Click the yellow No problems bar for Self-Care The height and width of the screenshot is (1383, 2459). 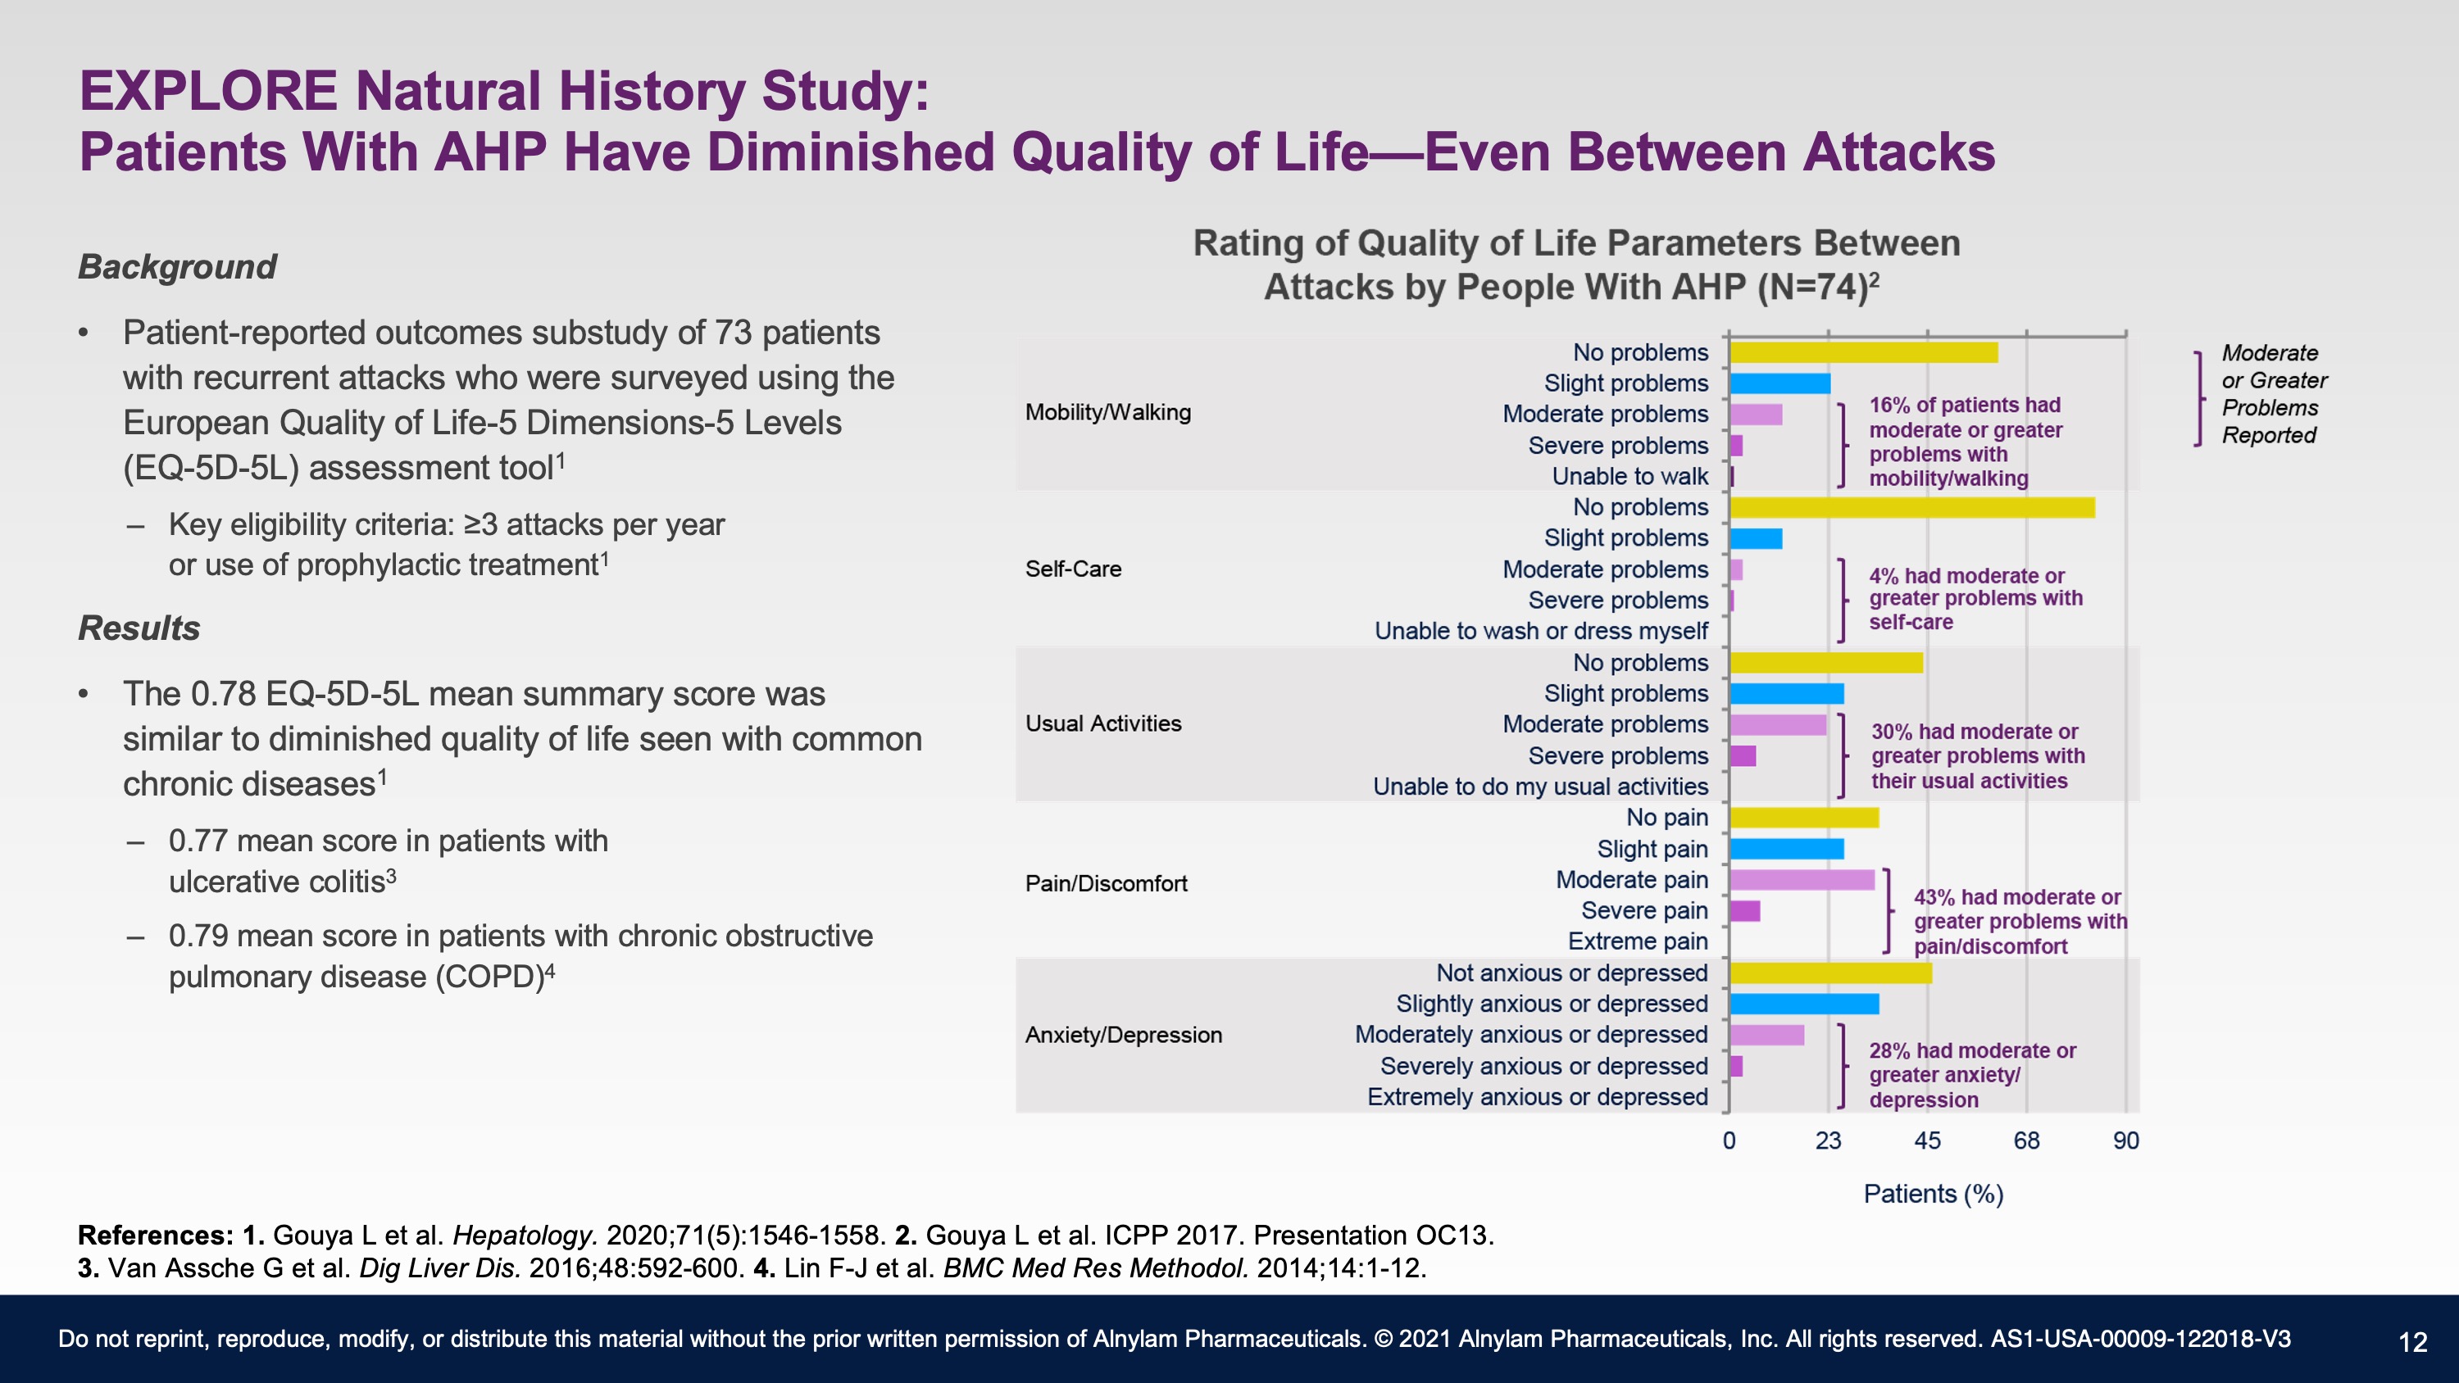1912,508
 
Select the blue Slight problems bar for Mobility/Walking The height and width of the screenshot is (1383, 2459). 1780,383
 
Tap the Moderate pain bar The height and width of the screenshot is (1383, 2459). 1802,880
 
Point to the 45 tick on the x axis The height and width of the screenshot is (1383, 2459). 1927,1140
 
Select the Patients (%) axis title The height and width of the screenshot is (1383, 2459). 1933,1194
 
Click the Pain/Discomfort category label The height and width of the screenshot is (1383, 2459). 1107,884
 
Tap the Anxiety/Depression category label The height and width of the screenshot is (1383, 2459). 1124,1035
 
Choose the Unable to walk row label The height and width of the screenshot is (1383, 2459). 1629,476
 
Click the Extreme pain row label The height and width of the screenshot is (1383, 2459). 1638,941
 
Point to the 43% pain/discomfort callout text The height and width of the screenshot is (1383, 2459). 2020,922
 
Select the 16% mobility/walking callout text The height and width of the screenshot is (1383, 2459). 1966,442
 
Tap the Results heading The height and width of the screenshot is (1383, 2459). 139,629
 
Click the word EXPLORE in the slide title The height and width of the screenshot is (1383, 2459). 208,92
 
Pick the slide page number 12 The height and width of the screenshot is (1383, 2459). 2412,1343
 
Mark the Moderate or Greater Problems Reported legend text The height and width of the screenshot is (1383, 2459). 2274,394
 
